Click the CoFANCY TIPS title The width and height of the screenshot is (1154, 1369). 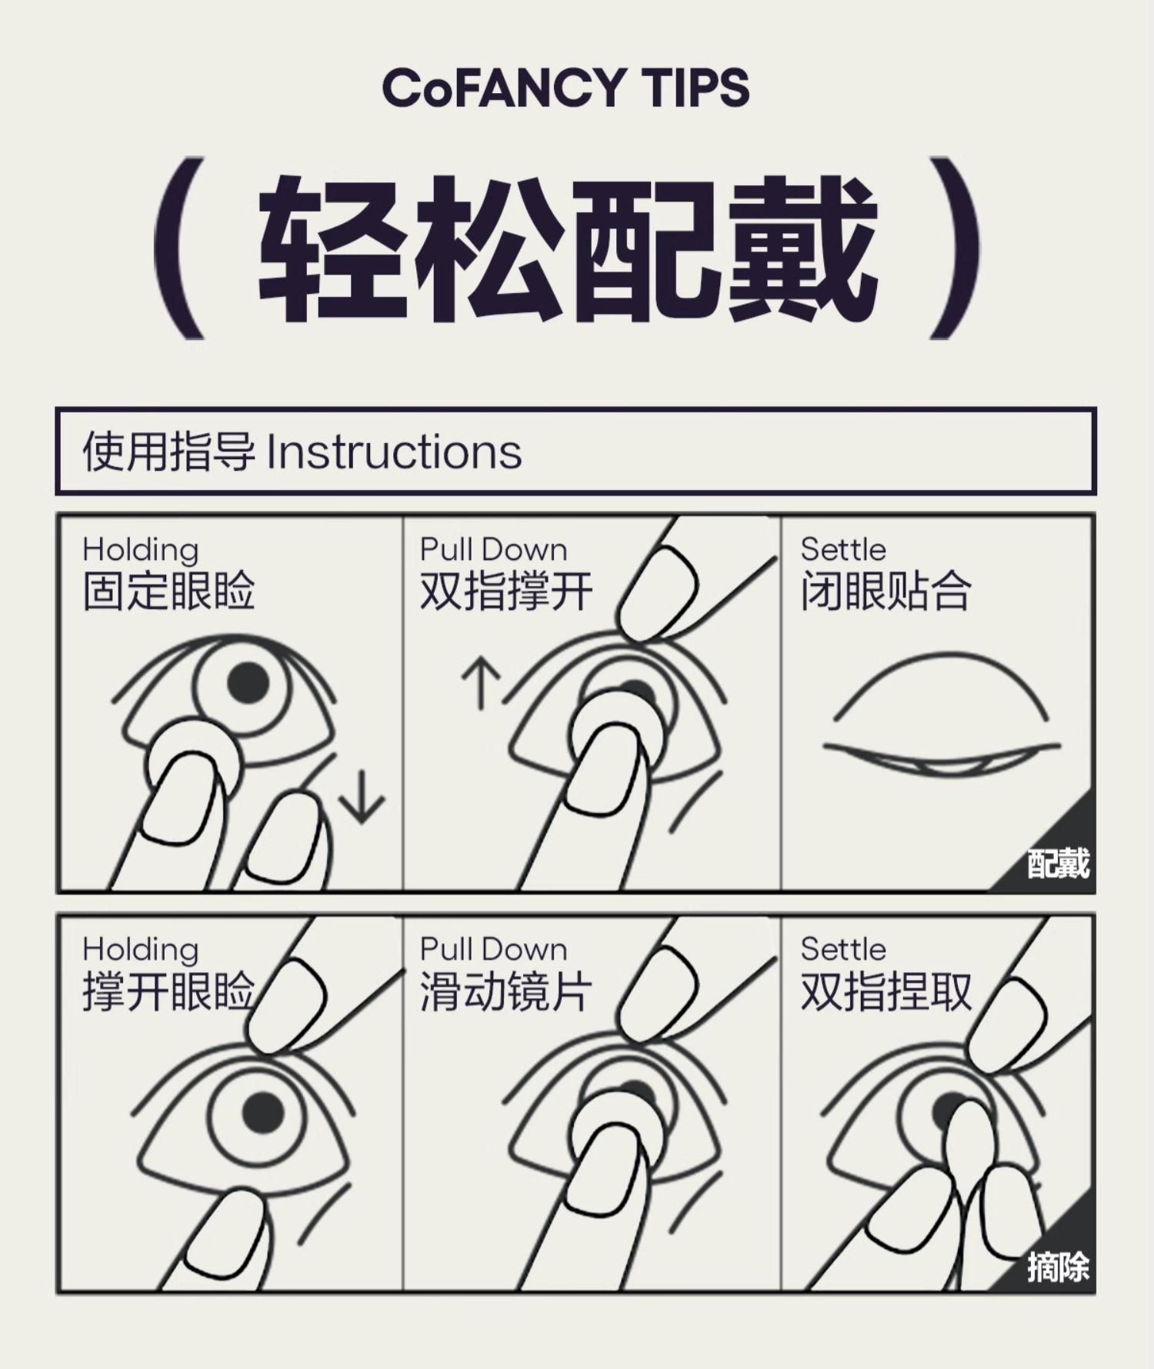pyautogui.click(x=565, y=87)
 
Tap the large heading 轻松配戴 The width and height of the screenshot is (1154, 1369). pyautogui.click(x=568, y=248)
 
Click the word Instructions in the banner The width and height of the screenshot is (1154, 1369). pyautogui.click(x=394, y=451)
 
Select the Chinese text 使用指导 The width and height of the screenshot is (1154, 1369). pyautogui.click(x=168, y=451)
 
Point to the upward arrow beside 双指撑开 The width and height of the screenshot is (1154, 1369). pyautogui.click(x=482, y=681)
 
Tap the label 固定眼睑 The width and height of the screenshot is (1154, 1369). pyautogui.click(x=168, y=591)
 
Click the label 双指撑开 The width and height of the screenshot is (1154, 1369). pyautogui.click(x=506, y=591)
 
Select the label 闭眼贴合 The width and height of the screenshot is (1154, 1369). pyautogui.click(x=886, y=591)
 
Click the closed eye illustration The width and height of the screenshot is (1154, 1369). pyautogui.click(x=941, y=715)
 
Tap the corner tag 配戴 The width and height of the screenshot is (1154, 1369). pyautogui.click(x=1059, y=864)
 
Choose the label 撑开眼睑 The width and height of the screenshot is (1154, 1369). pyautogui.click(x=168, y=991)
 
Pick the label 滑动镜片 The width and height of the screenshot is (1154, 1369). pyautogui.click(x=506, y=991)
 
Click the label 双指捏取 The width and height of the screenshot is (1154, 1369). pyautogui.click(x=886, y=991)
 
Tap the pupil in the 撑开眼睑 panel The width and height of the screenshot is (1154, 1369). pyautogui.click(x=263, y=1112)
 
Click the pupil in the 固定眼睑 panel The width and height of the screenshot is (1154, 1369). pyautogui.click(x=248, y=682)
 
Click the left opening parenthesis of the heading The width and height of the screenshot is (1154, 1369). pyautogui.click(x=180, y=248)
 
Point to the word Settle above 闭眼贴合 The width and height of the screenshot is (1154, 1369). pyautogui.click(x=843, y=549)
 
